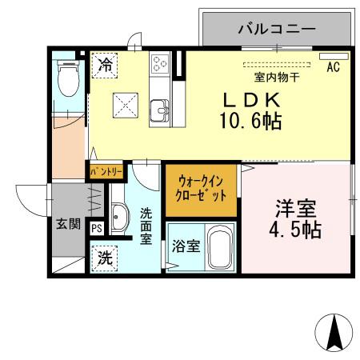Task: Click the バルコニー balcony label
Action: tap(277, 29)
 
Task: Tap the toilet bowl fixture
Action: tap(69, 78)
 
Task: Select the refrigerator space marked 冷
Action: tap(105, 66)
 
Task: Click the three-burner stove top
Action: tap(160, 63)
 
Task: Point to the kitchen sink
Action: tap(159, 110)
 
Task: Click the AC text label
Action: tap(334, 67)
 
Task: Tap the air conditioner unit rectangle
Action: tap(334, 57)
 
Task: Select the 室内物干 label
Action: tap(277, 78)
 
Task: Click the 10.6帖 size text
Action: tap(250, 121)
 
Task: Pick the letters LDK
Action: tap(252, 100)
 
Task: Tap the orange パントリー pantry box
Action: tap(106, 171)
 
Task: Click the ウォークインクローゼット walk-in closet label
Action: tap(201, 190)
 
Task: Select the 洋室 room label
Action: tap(296, 209)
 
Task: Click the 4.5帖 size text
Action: tap(295, 230)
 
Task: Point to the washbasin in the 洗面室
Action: tap(119, 217)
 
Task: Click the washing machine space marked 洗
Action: tap(105, 258)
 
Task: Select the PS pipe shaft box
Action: tap(97, 228)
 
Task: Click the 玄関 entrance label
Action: tap(68, 224)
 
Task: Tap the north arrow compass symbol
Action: tap(334, 333)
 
